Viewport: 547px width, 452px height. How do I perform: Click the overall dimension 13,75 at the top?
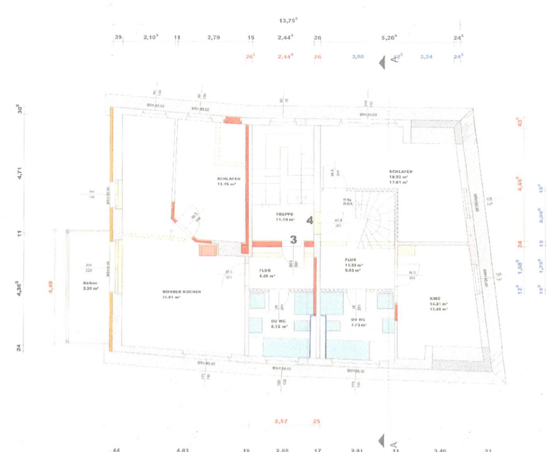pos(288,20)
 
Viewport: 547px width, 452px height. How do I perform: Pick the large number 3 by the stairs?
pos(293,239)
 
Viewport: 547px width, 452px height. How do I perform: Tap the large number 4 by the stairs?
pos(310,220)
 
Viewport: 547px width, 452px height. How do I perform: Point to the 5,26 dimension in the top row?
pos(389,37)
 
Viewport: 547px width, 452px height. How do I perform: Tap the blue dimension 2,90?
pos(358,57)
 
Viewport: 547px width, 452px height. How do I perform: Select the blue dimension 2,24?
pos(427,57)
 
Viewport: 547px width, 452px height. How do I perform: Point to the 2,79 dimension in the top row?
pos(213,37)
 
